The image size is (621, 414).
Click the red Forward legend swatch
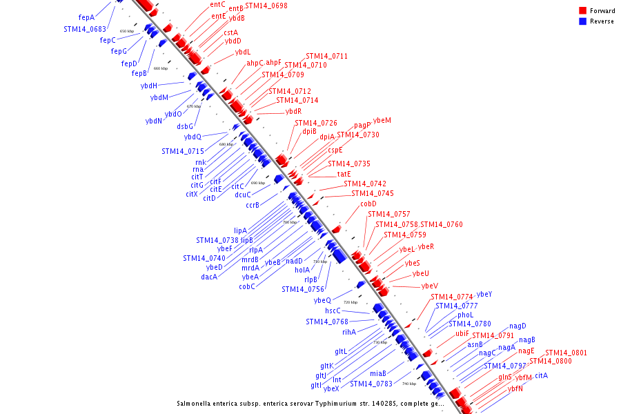[x=583, y=11]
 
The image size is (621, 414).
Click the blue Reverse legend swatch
[x=583, y=21]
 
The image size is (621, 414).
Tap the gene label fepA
[x=86, y=17]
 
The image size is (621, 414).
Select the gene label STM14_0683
[x=85, y=29]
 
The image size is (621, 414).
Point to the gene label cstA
[x=230, y=32]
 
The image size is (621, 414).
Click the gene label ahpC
[x=255, y=63]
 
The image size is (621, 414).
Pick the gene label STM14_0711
[x=326, y=56]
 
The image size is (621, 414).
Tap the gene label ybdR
[x=293, y=111]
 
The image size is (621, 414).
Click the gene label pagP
[x=362, y=125]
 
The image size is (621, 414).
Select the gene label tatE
[x=344, y=174]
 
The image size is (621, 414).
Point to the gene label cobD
[x=368, y=204]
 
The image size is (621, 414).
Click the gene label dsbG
[x=185, y=126]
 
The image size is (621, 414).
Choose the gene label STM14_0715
[x=183, y=151]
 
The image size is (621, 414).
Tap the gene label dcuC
[x=243, y=195]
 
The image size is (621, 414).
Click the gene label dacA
[x=209, y=277]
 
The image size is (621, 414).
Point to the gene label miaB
[x=368, y=373]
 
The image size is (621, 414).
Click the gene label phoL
[x=465, y=315]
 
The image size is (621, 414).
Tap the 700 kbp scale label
[x=290, y=222]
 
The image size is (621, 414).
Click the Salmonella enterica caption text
[x=308, y=403]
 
